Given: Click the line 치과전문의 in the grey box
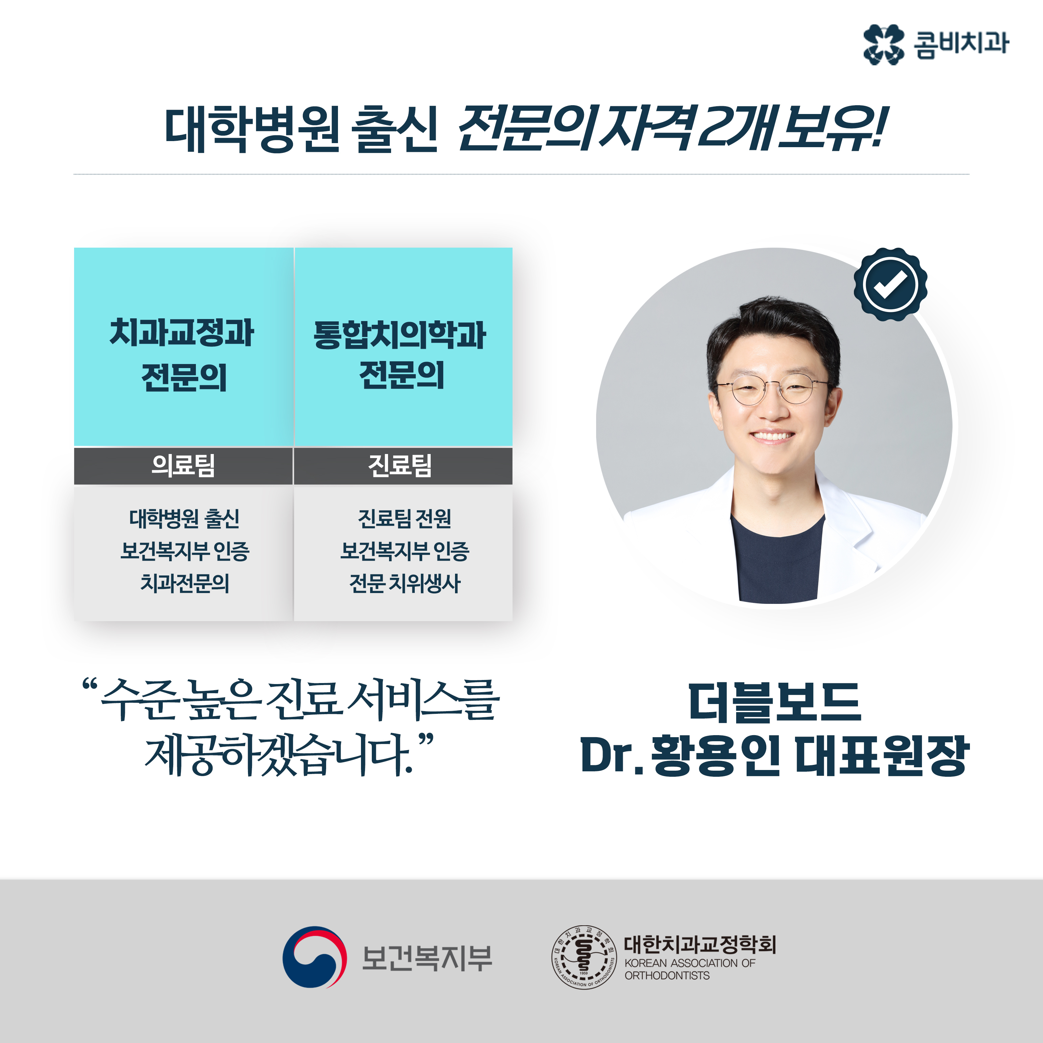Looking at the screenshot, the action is (x=185, y=583).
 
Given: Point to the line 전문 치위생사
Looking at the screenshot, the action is (x=405, y=583).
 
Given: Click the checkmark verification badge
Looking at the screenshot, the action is (x=890, y=285).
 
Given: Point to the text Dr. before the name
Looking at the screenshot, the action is (x=612, y=756).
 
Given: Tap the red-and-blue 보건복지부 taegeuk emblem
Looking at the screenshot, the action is (x=314, y=957).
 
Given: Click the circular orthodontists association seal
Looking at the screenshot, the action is (x=584, y=957).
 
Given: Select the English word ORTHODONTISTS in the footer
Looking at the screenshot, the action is (x=667, y=976).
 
